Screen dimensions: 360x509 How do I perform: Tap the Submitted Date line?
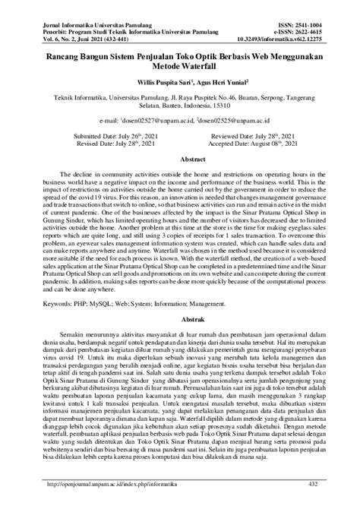pyautogui.click(x=108, y=134)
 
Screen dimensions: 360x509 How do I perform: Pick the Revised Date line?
pyautogui.click(x=108, y=142)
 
